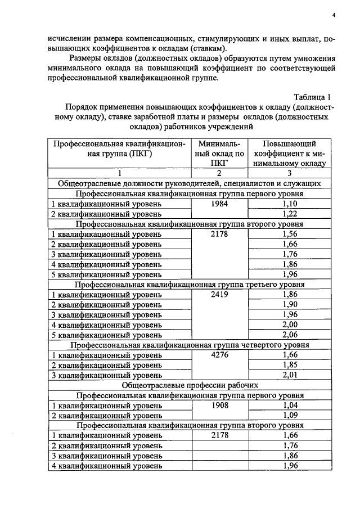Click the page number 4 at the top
pyautogui.click(x=334, y=15)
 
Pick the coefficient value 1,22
pyautogui.click(x=290, y=214)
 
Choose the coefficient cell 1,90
pyautogui.click(x=290, y=305)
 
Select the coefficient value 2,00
pyautogui.click(x=290, y=325)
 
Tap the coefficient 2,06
pyautogui.click(x=290, y=335)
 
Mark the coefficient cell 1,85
pyautogui.click(x=290, y=366)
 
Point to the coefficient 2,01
pyautogui.click(x=290, y=376)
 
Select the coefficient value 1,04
pyautogui.click(x=290, y=406)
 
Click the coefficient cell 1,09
pyautogui.click(x=290, y=416)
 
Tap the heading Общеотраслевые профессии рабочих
pyautogui.click(x=190, y=386)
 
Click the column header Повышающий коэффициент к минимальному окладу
pyautogui.click(x=290, y=154)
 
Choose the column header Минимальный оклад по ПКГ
pyautogui.click(x=218, y=154)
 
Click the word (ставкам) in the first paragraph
pyautogui.click(x=205, y=48)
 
